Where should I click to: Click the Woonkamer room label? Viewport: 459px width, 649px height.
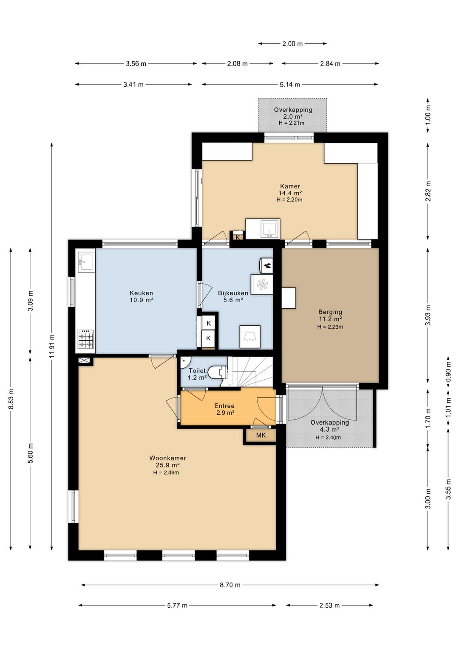point(168,458)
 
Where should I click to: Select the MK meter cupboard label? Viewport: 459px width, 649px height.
point(261,435)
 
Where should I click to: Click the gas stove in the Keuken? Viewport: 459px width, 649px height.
point(86,339)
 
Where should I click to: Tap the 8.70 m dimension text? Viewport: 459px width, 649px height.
point(230,585)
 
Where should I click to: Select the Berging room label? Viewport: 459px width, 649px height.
point(330,312)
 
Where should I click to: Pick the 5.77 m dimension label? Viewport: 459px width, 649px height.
point(177,605)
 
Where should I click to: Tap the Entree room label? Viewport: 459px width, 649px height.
point(224,406)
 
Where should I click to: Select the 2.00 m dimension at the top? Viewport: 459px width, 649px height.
point(292,44)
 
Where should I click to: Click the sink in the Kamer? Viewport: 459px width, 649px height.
point(269,229)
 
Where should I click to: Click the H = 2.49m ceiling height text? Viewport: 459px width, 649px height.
point(166,473)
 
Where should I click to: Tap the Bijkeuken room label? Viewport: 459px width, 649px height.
point(233,293)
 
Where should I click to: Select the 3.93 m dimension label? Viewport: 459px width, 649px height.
point(428,315)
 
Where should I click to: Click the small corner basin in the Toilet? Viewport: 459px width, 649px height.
point(184,362)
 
